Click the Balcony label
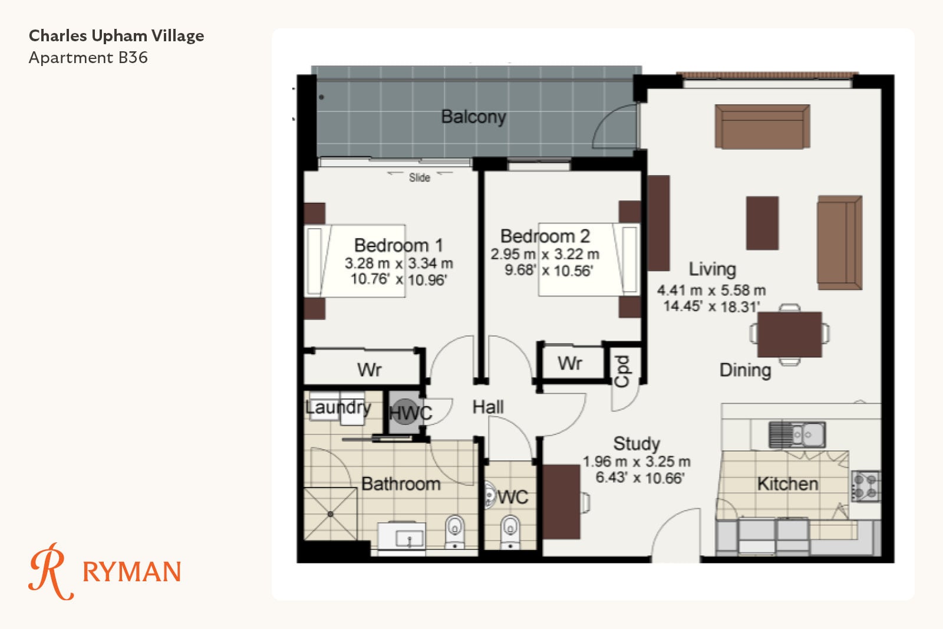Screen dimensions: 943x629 pos(473,117)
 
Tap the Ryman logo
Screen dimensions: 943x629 pos(105,571)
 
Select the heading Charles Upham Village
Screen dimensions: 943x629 pos(116,36)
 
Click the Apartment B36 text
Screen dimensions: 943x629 pos(88,58)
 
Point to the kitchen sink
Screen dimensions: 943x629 pos(797,434)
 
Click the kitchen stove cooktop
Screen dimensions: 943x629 pos(866,486)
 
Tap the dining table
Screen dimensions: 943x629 pos(789,334)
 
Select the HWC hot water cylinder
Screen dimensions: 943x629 pos(405,411)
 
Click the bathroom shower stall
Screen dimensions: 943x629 pos(331,514)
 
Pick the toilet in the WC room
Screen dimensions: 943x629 pos(510,531)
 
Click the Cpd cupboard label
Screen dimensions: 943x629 pos(622,371)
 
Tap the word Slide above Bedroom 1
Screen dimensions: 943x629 pos(419,177)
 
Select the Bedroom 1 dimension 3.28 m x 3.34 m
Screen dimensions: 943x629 pos(398,264)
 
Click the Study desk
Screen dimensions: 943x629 pos(561,502)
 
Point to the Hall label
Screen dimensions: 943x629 pos(488,407)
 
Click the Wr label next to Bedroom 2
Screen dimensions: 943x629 pos(570,363)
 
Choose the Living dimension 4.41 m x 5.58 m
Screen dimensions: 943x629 pos(711,291)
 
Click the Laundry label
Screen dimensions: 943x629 pos(338,407)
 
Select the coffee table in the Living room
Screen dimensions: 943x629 pos(762,223)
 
